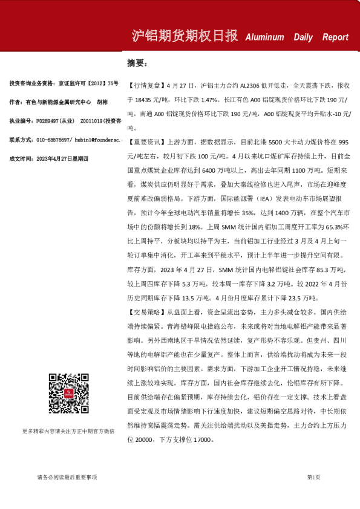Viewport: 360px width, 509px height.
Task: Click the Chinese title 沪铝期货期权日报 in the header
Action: (185, 36)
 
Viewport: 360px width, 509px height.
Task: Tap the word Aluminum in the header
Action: (264, 37)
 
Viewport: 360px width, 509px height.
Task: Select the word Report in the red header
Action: (335, 37)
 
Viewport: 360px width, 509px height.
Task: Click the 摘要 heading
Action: (137, 63)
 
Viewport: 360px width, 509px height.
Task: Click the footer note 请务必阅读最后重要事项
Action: (71, 478)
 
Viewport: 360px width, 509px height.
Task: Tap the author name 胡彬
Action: (102, 102)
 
